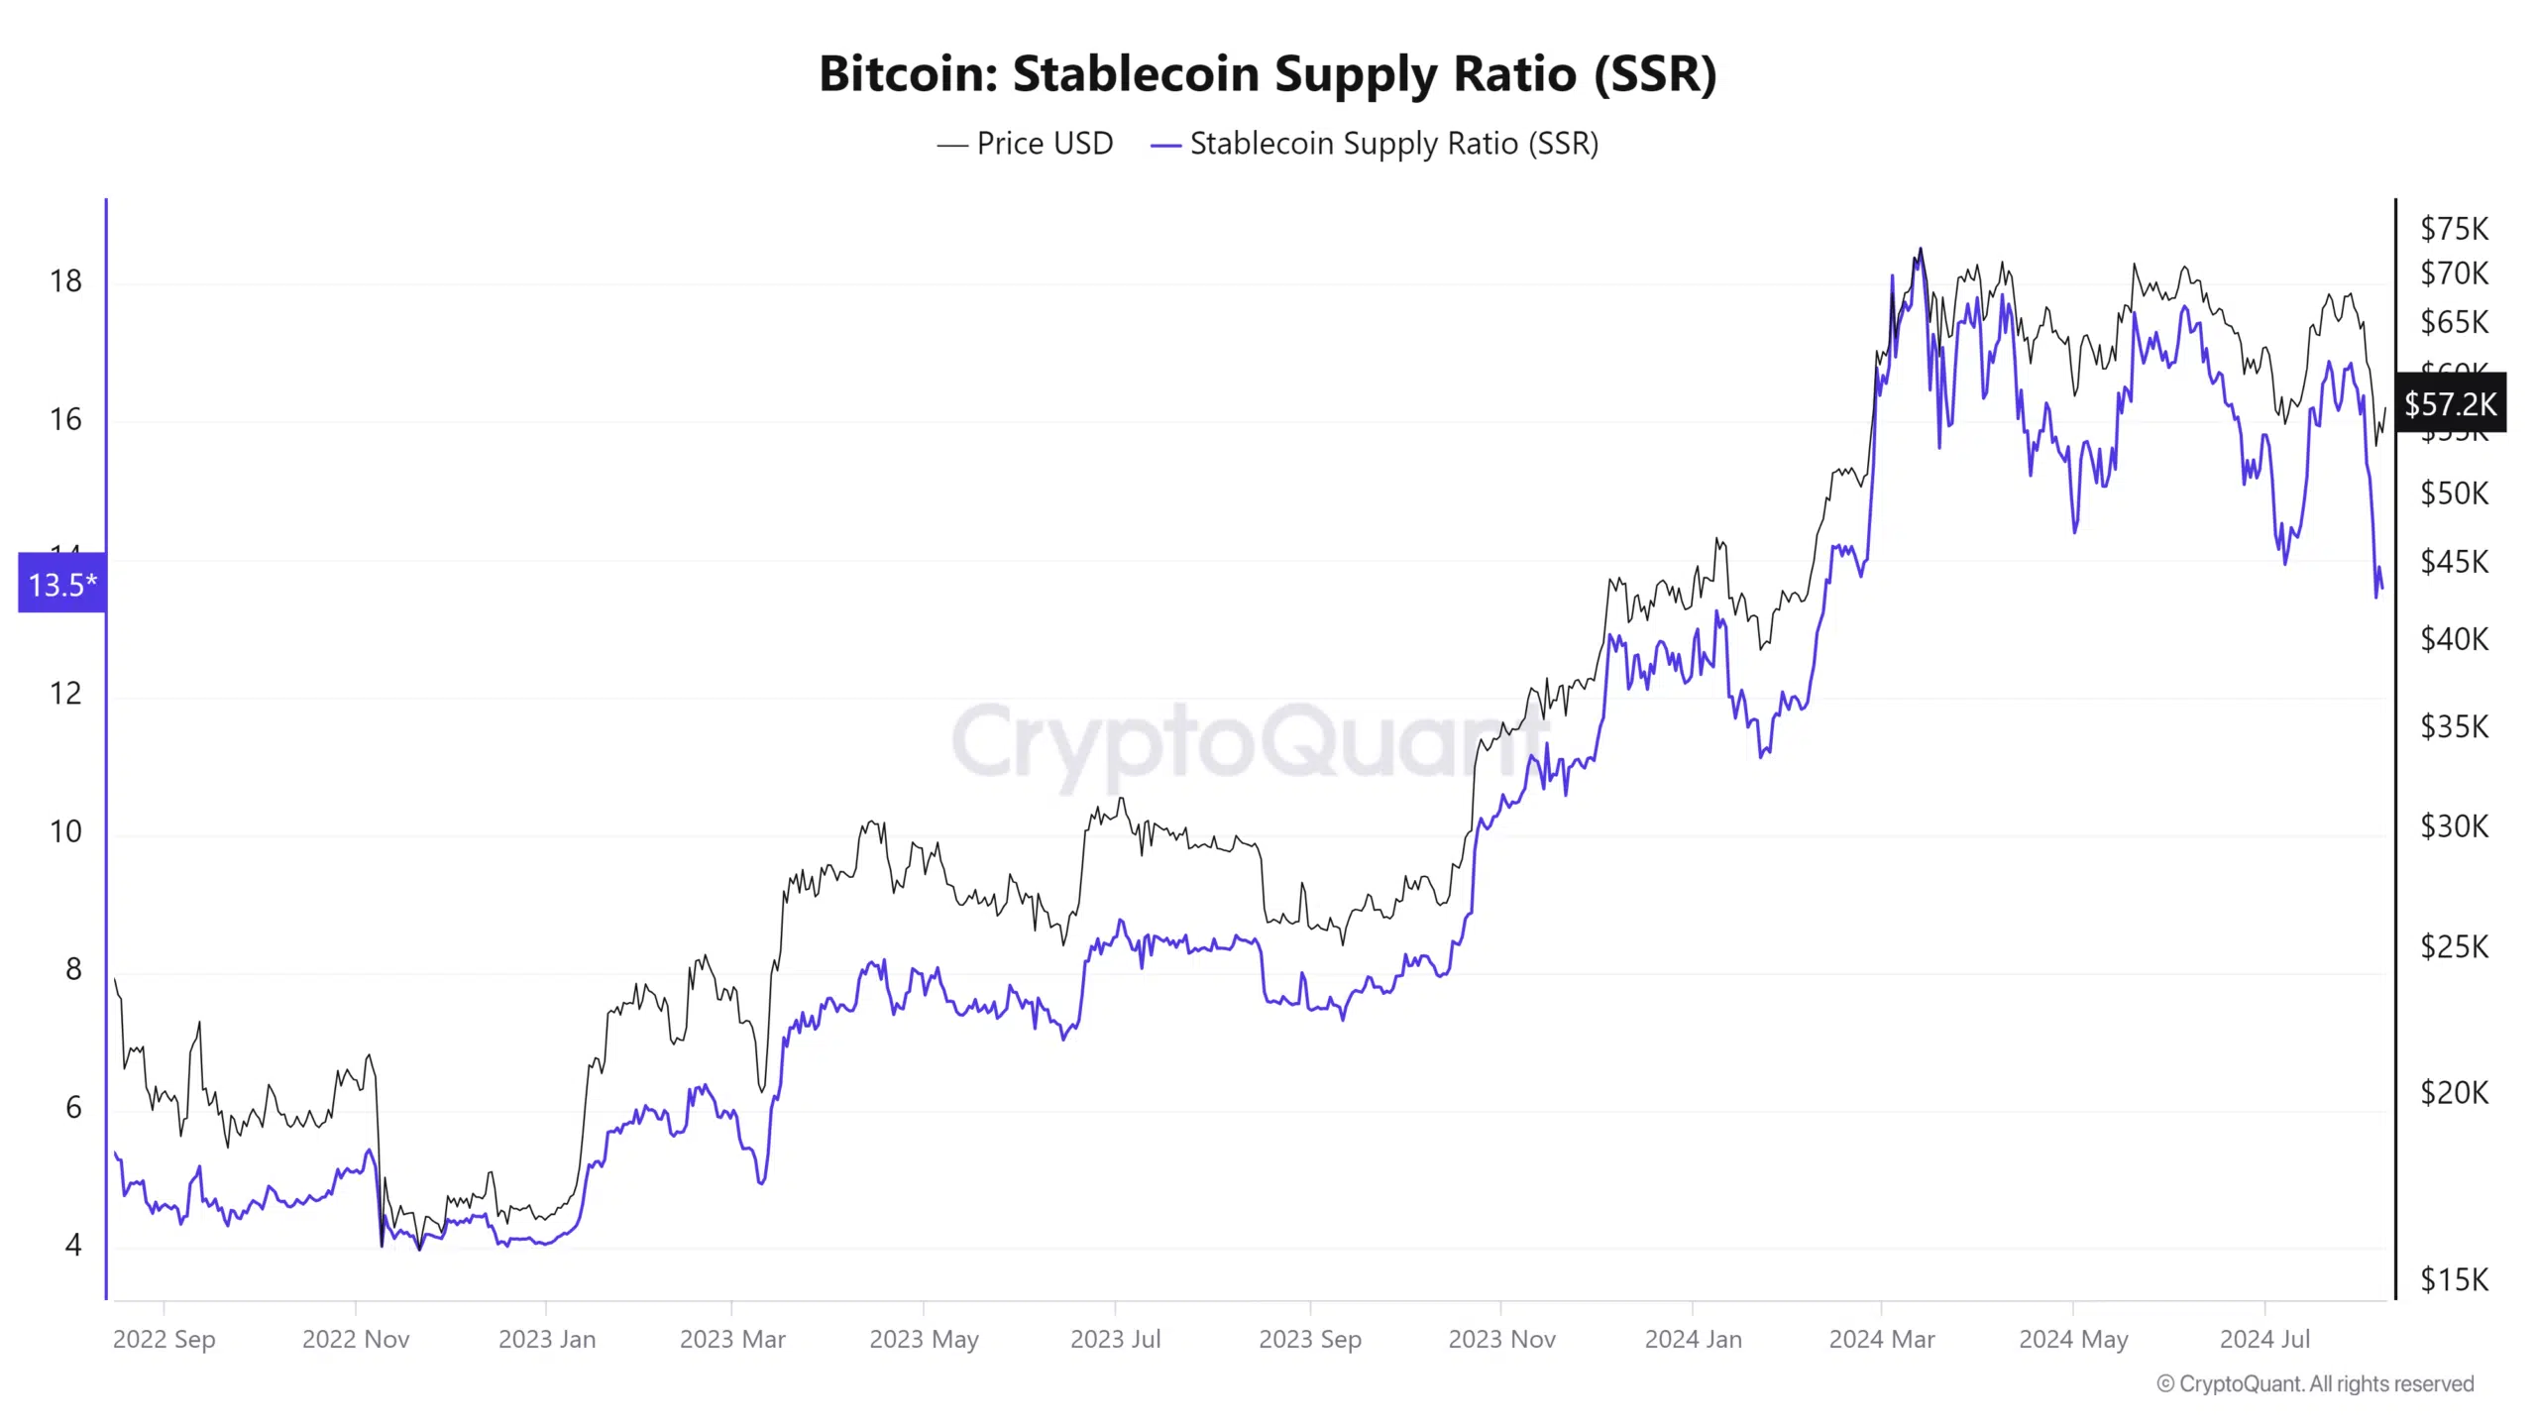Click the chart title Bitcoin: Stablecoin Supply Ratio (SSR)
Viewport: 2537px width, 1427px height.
click(x=1268, y=73)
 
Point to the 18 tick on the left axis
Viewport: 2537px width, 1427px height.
click(x=65, y=281)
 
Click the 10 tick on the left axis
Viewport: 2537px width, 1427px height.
click(x=65, y=831)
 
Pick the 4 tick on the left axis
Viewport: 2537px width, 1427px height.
click(x=72, y=1245)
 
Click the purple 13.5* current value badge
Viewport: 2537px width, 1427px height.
click(x=62, y=584)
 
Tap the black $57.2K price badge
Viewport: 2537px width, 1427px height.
click(x=2450, y=403)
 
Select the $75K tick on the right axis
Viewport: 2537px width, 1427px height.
click(x=2454, y=229)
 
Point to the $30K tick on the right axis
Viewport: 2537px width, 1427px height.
click(x=2454, y=825)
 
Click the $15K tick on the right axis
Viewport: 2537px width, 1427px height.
click(x=2454, y=1279)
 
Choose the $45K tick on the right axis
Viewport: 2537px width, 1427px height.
click(x=2454, y=562)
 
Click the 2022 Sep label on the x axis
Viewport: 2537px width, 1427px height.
click(x=164, y=1339)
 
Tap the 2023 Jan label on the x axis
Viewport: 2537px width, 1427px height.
click(x=547, y=1339)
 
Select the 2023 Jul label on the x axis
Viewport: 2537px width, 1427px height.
click(x=1115, y=1339)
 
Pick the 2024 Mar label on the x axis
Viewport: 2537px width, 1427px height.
click(x=1881, y=1339)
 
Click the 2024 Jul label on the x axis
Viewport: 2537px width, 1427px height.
click(x=2264, y=1339)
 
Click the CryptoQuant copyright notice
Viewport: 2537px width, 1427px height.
click(x=2315, y=1383)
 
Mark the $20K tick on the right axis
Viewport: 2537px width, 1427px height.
click(x=2454, y=1092)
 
